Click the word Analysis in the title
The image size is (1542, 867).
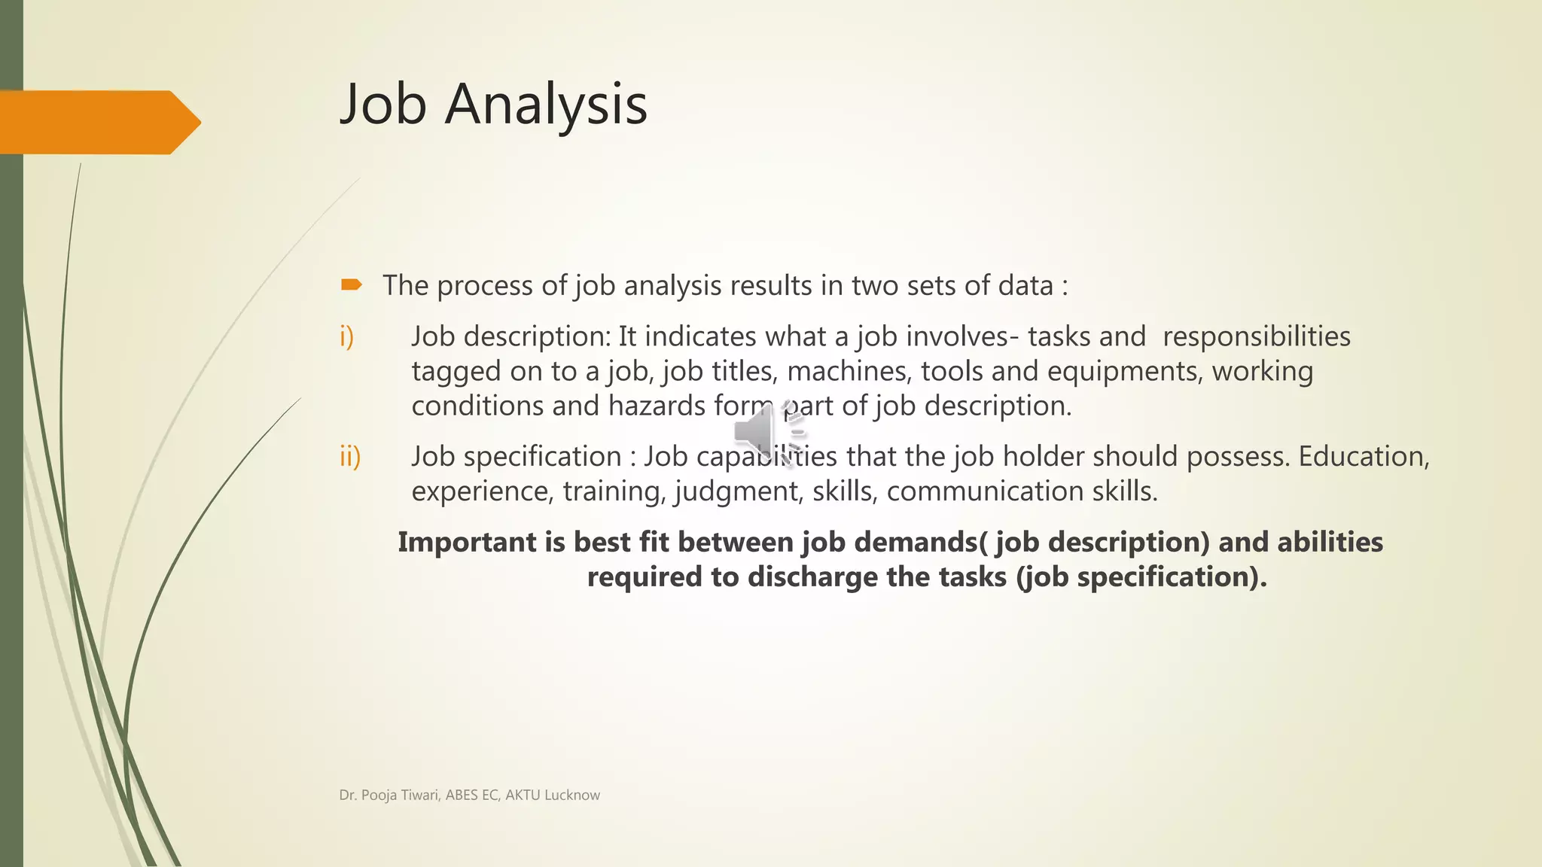coord(546,104)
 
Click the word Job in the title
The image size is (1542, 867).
coord(384,104)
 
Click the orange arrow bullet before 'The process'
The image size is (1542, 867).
coord(351,284)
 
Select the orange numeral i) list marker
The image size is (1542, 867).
coord(346,336)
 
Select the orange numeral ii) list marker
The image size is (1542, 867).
coord(350,456)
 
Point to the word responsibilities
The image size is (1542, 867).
coord(1256,336)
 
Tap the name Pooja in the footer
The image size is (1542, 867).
coord(379,796)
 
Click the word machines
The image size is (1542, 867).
coord(849,371)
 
